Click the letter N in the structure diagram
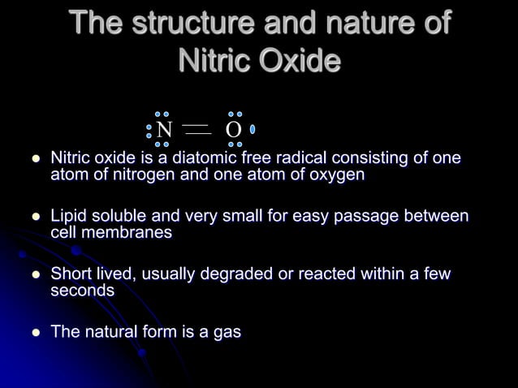(165, 130)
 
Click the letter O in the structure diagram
(233, 130)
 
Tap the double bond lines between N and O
(197, 130)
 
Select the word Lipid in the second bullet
(70, 217)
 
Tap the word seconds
(82, 290)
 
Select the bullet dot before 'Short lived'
(35, 275)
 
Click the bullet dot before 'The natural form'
(35, 333)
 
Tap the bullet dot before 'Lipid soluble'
(35, 218)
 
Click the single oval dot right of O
(253, 129)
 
